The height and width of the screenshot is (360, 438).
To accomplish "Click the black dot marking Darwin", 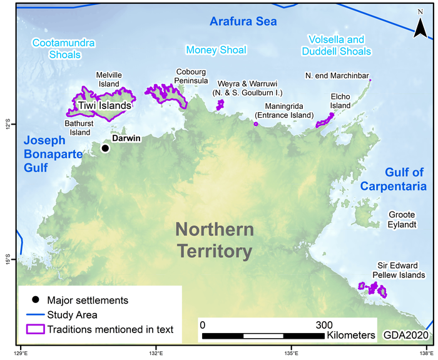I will tap(105, 148).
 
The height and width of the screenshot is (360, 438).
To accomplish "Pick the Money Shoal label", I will tap(216, 49).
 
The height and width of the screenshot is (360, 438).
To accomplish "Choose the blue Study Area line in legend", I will tap(35, 314).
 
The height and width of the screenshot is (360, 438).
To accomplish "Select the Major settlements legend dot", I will tap(35, 300).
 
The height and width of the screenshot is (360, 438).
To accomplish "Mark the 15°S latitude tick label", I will tap(8, 259).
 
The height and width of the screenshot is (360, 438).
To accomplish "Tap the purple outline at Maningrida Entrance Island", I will tap(256, 124).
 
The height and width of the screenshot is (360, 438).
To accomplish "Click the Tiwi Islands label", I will tap(105, 106).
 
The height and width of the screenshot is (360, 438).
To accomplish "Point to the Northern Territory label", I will tap(215, 240).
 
